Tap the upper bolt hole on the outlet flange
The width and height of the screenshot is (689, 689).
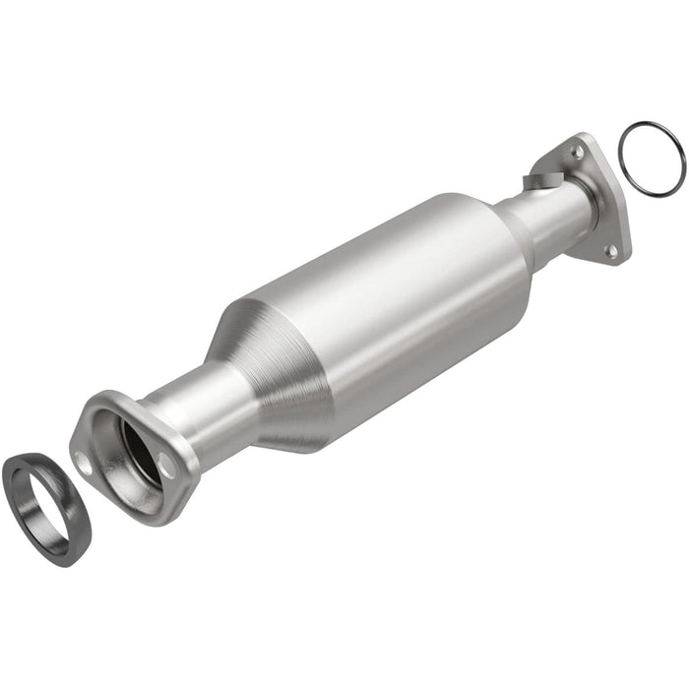tap(578, 154)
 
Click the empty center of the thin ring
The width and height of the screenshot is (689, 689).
tap(652, 157)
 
